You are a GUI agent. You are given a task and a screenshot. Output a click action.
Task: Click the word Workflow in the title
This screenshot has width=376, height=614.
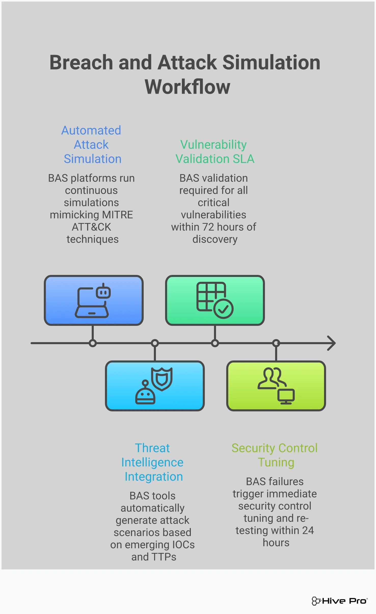coord(187,87)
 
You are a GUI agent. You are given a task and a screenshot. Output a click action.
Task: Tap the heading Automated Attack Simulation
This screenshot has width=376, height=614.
coord(91,145)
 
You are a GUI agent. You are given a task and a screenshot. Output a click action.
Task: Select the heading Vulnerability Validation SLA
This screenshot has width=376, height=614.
coord(214,152)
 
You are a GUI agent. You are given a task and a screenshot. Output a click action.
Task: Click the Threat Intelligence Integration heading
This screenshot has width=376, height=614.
coord(153,462)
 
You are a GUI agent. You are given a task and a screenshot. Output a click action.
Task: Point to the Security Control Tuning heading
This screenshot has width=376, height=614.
coord(275,455)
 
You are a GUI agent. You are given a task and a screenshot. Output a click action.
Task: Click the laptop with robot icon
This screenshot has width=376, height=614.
coord(93,300)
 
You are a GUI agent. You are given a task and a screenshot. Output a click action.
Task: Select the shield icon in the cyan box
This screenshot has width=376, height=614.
coord(162,379)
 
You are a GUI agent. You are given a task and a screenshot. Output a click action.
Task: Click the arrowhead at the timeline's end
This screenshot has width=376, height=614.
coord(332,343)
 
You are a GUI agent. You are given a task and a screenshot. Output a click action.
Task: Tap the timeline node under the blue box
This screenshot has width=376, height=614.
coord(93,343)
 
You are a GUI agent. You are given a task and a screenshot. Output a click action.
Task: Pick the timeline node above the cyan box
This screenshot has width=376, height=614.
coord(155,343)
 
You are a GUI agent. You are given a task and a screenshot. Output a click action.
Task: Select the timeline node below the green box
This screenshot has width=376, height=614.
coord(215,343)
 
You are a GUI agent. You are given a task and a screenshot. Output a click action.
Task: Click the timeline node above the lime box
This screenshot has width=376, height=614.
coord(276,343)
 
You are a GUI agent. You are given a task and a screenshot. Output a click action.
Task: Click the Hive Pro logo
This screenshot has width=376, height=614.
coord(340,601)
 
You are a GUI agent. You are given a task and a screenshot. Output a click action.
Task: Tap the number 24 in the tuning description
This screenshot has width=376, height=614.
coord(308,531)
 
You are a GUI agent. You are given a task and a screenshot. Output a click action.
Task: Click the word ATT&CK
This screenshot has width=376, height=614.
coord(91,227)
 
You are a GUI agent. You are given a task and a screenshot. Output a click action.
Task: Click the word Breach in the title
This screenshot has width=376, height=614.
coord(81,63)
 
